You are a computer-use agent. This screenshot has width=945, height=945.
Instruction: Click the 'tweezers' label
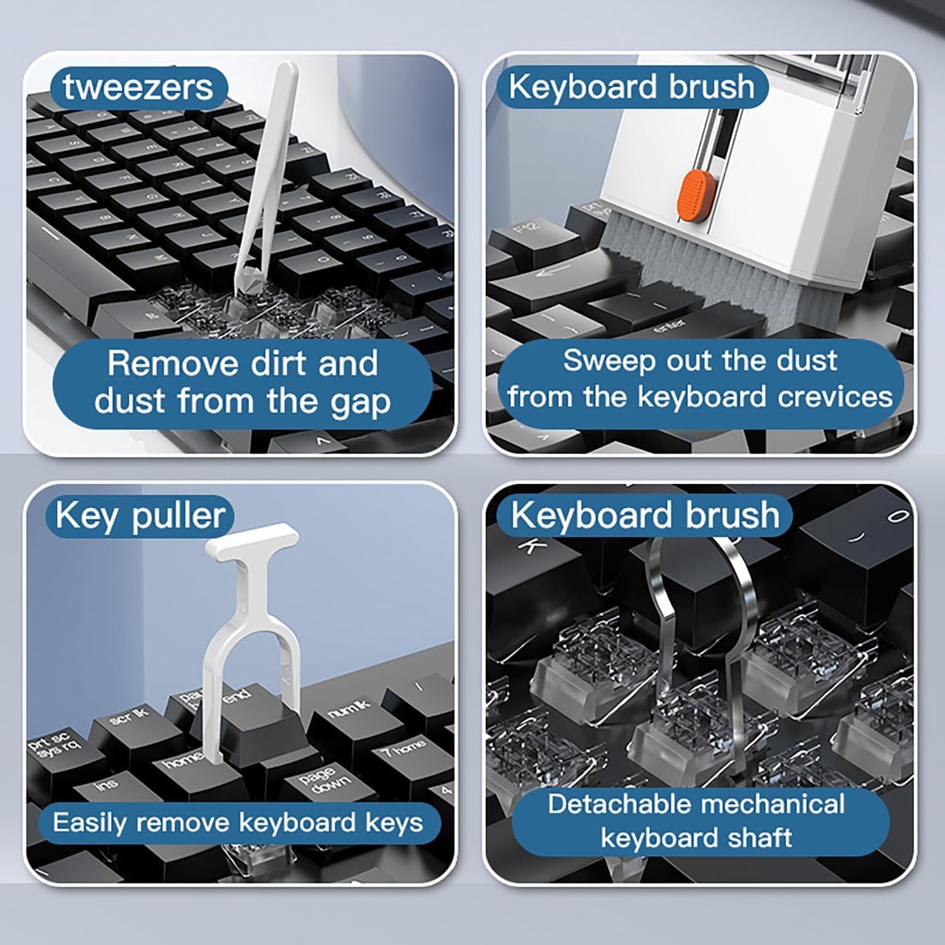click(x=138, y=88)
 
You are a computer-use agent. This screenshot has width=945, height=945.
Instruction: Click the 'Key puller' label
click(x=141, y=516)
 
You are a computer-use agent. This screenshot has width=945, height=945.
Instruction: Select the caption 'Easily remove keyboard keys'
click(x=238, y=822)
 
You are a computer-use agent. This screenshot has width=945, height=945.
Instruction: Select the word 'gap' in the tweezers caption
click(x=360, y=402)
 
